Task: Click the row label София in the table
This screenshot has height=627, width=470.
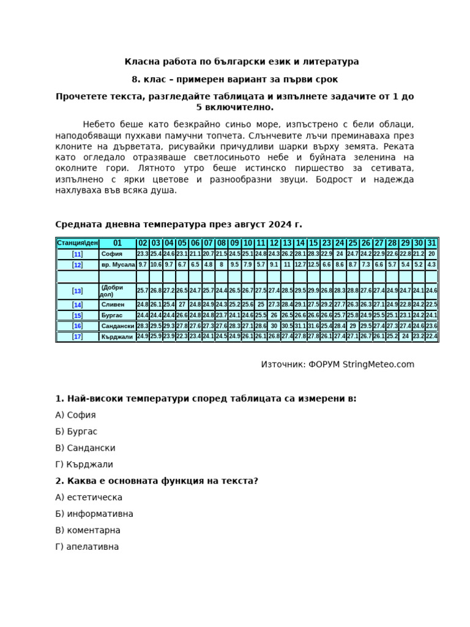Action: click(112, 254)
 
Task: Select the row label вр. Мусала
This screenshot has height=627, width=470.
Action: click(117, 265)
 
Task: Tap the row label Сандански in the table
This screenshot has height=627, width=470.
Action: click(117, 326)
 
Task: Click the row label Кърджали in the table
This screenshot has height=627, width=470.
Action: click(117, 337)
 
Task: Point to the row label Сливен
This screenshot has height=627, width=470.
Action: click(113, 305)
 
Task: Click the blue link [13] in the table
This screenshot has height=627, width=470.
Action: click(77, 291)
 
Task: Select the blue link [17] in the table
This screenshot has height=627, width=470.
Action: click(77, 337)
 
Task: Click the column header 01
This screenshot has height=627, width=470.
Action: click(117, 243)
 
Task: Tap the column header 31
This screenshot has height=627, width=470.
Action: click(431, 243)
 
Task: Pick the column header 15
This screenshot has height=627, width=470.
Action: click(313, 243)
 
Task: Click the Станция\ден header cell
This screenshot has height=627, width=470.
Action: click(77, 243)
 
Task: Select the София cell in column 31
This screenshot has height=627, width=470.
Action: click(431, 254)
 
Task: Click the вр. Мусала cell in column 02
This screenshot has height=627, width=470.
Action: click(143, 265)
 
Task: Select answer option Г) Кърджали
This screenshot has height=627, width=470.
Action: click(84, 465)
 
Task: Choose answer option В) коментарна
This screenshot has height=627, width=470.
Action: click(88, 530)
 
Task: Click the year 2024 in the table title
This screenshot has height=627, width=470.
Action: click(276, 225)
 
